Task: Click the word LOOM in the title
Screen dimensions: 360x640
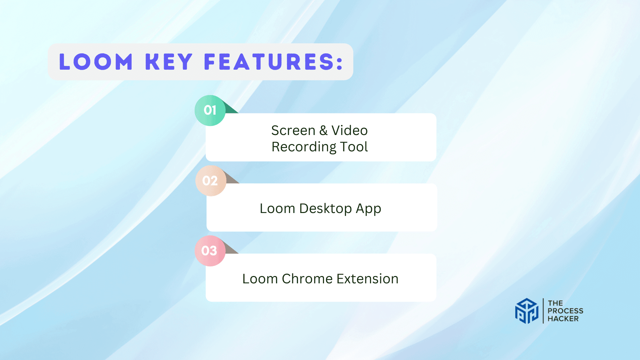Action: pyautogui.click(x=96, y=62)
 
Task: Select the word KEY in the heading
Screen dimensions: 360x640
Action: pyautogui.click(x=169, y=62)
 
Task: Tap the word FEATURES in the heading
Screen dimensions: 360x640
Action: pyautogui.click(x=268, y=62)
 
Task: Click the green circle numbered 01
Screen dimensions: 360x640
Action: pyautogui.click(x=210, y=110)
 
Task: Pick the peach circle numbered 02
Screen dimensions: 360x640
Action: pyautogui.click(x=210, y=181)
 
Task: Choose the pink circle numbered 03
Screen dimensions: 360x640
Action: pyautogui.click(x=210, y=251)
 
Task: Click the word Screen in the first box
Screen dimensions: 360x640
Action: pyautogui.click(x=293, y=130)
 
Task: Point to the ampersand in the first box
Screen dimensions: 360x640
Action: pyautogui.click(x=323, y=130)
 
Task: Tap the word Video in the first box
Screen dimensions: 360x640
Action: pyautogui.click(x=349, y=130)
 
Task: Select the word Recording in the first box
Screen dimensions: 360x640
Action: pyautogui.click(x=304, y=147)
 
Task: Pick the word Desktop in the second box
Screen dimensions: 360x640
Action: pyautogui.click(x=325, y=209)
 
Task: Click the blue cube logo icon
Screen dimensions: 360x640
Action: pyautogui.click(x=527, y=311)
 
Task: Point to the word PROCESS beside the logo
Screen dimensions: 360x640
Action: pyautogui.click(x=565, y=311)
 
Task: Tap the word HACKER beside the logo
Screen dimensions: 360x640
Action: pyautogui.click(x=563, y=319)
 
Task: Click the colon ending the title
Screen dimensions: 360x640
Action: pyautogui.click(x=340, y=63)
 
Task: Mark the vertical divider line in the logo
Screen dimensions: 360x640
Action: pyautogui.click(x=543, y=311)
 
